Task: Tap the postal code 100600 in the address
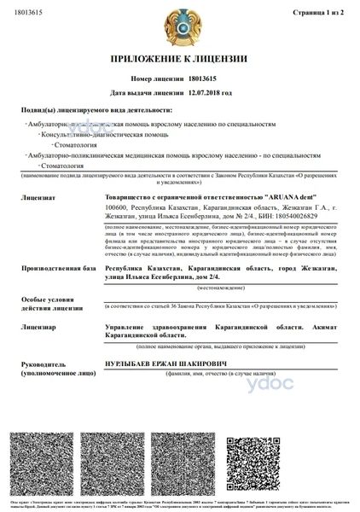tap(115, 206)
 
